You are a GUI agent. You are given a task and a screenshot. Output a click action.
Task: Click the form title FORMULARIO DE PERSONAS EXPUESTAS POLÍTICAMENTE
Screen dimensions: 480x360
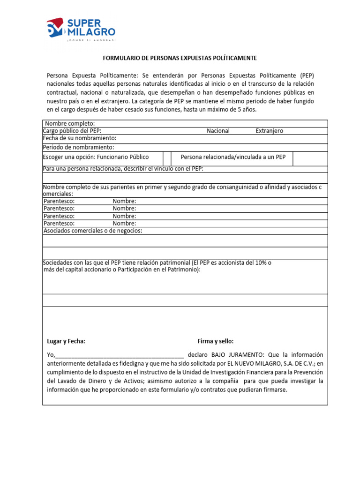[x=180, y=58]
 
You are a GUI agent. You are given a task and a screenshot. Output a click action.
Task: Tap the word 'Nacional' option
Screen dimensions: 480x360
[x=218, y=131]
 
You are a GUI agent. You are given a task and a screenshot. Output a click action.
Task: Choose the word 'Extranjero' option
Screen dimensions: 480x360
[x=269, y=131]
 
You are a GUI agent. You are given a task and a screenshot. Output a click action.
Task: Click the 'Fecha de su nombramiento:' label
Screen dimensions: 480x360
[x=80, y=138]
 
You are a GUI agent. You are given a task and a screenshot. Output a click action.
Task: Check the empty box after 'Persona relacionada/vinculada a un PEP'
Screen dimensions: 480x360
[x=310, y=158]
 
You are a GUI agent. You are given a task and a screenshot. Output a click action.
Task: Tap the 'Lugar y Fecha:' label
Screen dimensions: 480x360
[x=66, y=341]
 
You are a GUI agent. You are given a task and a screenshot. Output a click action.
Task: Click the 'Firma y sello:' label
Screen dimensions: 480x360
[x=216, y=341]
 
